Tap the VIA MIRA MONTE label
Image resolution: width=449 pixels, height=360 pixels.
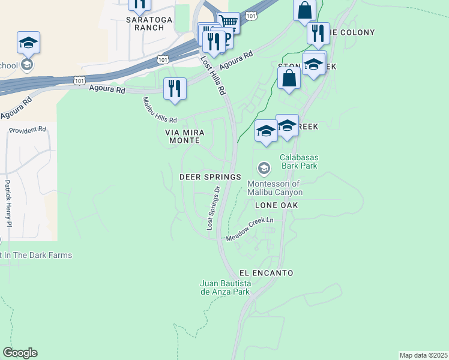pyautogui.click(x=181, y=136)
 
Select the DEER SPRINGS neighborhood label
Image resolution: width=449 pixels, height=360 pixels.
pyautogui.click(x=210, y=177)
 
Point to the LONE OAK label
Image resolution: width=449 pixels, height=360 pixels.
pyautogui.click(x=277, y=205)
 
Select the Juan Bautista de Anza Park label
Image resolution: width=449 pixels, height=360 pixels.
pyautogui.click(x=225, y=287)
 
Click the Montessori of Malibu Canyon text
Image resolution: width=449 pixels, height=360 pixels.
pyautogui.click(x=276, y=188)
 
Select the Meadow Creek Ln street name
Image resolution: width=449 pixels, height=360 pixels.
pyautogui.click(x=249, y=230)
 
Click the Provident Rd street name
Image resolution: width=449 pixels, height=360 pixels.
pyautogui.click(x=28, y=130)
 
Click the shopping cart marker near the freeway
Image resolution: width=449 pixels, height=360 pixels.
pyautogui.click(x=228, y=23)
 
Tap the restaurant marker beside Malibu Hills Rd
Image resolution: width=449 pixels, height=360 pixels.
pyautogui.click(x=175, y=89)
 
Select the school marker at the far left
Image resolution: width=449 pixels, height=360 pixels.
pyautogui.click(x=28, y=43)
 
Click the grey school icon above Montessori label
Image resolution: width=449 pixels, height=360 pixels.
pyautogui.click(x=263, y=167)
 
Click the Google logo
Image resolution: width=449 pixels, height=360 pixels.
pyautogui.click(x=20, y=353)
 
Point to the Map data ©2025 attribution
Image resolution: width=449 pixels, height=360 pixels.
pyautogui.click(x=423, y=355)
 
